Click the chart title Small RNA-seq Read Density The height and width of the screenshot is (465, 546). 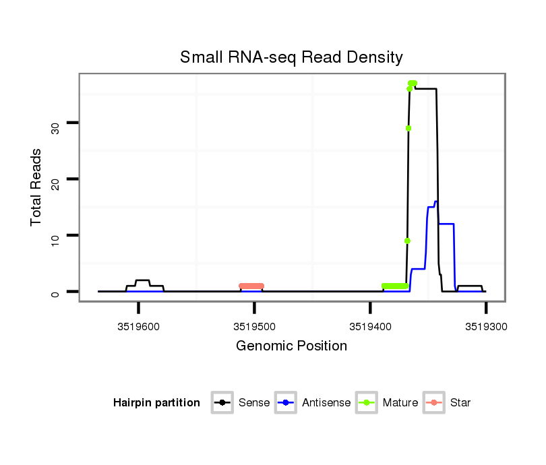[x=291, y=57]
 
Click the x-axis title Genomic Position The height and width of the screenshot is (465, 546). [x=291, y=346]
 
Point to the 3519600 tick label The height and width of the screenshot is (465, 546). [x=138, y=327]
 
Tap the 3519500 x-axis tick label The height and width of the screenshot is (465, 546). [x=254, y=327]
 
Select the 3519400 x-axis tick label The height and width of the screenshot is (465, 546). [x=370, y=327]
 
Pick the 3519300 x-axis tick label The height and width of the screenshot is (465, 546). [x=485, y=327]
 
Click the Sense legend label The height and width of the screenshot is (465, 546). [x=254, y=403]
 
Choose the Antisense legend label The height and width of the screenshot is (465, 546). [x=326, y=403]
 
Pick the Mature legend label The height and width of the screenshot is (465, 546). [x=400, y=403]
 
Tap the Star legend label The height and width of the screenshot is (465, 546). [x=461, y=403]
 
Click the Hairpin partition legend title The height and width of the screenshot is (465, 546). [x=156, y=403]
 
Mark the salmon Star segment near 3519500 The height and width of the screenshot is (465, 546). [x=251, y=286]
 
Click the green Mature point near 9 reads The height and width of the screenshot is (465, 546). [x=407, y=241]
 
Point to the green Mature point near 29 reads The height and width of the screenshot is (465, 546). [x=408, y=128]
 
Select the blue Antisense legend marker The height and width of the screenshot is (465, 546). [x=286, y=403]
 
